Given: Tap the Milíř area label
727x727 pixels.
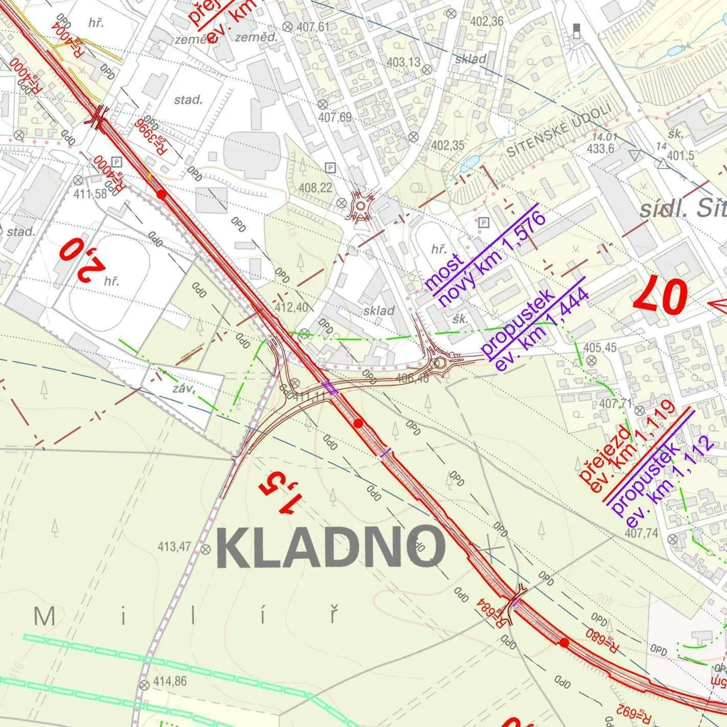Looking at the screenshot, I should click(187, 616).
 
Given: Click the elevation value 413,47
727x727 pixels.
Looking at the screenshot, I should click(174, 547).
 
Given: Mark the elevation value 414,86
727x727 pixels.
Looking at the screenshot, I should click(170, 681).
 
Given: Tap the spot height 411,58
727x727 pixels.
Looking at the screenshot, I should click(90, 194).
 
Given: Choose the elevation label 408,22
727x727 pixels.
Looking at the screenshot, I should click(315, 188).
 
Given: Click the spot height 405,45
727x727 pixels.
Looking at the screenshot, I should click(600, 348).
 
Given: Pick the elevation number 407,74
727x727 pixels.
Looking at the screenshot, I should click(642, 533).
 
